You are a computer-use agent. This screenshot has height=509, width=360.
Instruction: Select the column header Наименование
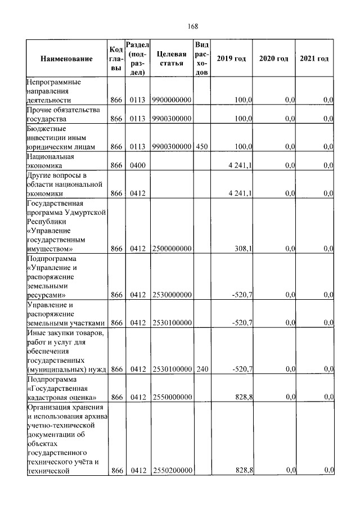(x=66, y=59)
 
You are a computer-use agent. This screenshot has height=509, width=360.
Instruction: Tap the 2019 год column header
(x=231, y=59)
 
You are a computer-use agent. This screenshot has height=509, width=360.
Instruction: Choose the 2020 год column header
(x=273, y=59)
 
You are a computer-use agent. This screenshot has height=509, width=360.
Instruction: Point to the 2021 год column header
(x=314, y=59)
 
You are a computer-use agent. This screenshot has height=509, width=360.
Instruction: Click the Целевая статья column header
(x=172, y=58)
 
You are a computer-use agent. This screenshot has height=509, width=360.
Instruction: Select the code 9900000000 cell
(x=172, y=100)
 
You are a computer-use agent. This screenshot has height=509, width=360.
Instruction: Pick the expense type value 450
(x=202, y=147)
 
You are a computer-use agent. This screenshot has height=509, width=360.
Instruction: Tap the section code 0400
(x=137, y=166)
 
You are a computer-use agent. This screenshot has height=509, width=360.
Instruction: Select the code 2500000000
(x=172, y=248)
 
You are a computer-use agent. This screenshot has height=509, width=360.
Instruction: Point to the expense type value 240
(x=202, y=370)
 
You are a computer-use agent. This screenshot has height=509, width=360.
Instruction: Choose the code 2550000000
(x=172, y=397)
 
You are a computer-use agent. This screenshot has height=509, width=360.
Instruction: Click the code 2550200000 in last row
(x=172, y=470)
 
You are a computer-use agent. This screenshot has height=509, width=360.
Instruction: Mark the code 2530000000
(x=172, y=294)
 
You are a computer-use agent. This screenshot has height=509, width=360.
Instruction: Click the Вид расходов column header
(x=202, y=58)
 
